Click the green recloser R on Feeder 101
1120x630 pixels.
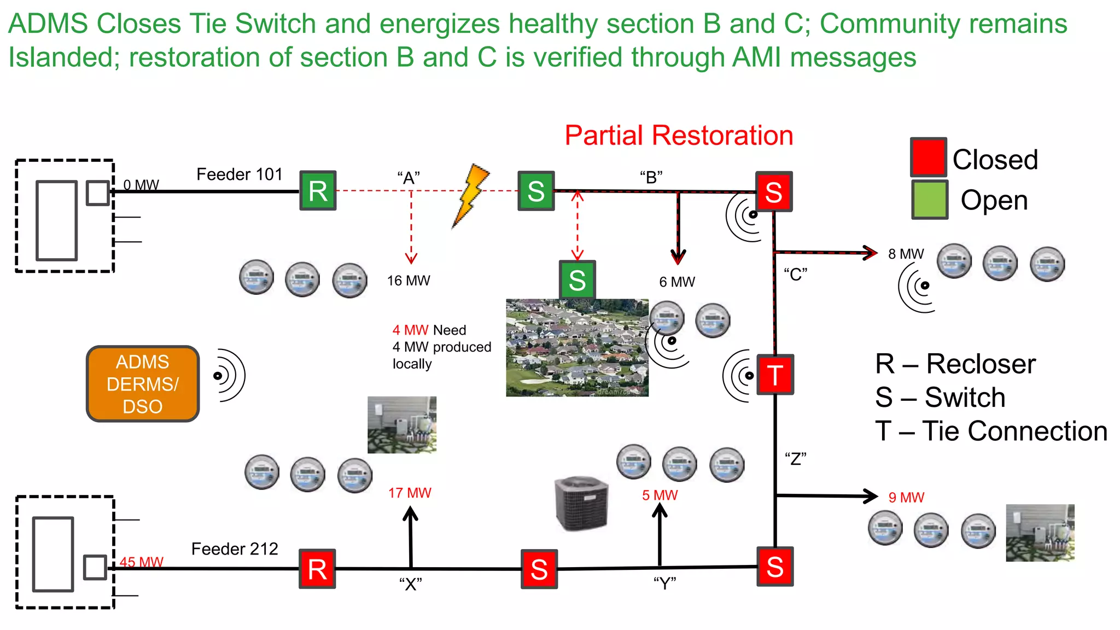pos(318,190)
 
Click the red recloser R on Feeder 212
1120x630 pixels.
pos(317,569)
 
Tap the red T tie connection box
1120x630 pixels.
pos(775,375)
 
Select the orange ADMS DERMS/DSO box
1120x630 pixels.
pos(143,384)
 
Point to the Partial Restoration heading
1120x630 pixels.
pos(679,135)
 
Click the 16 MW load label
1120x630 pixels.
pos(409,281)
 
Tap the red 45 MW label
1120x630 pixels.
pos(141,562)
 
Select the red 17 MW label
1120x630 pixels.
pos(410,493)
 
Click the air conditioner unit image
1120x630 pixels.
pos(581,503)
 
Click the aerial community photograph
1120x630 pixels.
pos(577,347)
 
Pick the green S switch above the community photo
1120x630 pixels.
pos(577,279)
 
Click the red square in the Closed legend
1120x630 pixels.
pos(928,157)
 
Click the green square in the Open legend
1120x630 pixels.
pos(929,200)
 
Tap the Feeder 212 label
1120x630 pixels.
pos(235,549)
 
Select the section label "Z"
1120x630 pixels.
pos(795,458)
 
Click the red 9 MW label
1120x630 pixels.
pos(906,497)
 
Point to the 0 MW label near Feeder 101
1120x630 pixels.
pos(141,185)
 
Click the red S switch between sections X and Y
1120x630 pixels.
pos(539,569)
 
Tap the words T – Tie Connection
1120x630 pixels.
pos(990,431)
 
